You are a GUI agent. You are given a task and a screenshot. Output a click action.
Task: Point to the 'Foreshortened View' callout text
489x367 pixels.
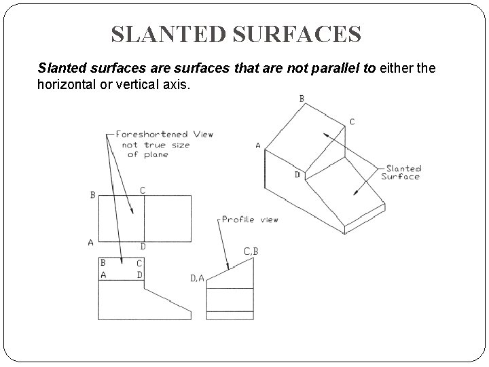(x=164, y=134)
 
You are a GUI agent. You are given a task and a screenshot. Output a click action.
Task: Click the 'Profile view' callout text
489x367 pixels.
(x=250, y=220)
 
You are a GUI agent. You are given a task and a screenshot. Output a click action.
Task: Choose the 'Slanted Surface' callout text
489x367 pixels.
(x=403, y=173)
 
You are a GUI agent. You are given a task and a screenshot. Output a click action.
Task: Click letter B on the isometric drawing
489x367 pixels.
(x=302, y=99)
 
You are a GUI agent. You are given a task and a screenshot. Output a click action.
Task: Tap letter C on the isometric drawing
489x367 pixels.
(x=352, y=122)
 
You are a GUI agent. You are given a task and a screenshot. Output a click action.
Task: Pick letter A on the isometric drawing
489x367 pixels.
(x=258, y=145)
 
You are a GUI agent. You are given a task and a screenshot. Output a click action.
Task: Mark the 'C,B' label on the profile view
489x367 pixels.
(x=251, y=251)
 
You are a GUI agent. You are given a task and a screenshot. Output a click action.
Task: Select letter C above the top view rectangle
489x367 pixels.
(x=143, y=190)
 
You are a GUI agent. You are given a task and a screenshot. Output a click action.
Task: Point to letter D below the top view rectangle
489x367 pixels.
(x=143, y=246)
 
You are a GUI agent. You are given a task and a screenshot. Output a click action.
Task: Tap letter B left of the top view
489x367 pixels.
(x=92, y=195)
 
